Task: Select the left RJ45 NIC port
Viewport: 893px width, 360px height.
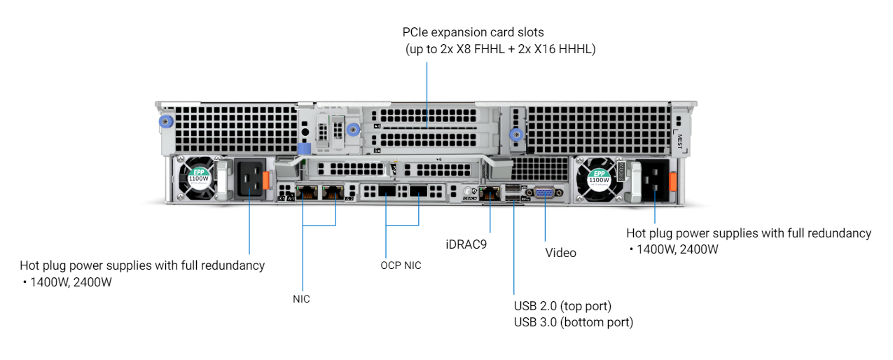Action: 305,193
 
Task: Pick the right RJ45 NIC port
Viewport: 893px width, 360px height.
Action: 332,193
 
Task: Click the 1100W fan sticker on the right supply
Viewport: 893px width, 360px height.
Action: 599,179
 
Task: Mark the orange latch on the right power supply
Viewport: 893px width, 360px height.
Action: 673,181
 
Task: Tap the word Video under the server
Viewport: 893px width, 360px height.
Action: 560,253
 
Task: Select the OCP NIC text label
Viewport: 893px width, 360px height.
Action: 401,265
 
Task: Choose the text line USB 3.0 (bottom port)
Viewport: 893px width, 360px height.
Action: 573,322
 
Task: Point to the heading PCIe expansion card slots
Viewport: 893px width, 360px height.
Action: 473,32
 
